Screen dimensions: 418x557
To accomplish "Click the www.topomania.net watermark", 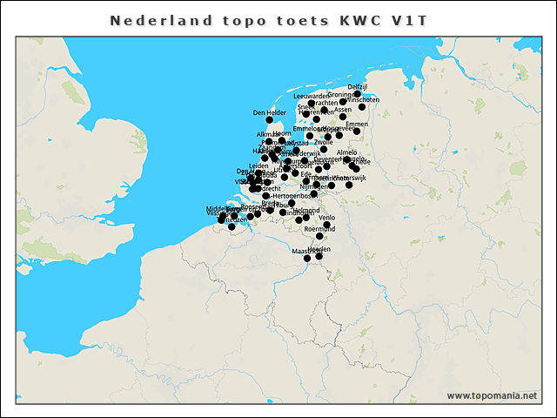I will [492, 395].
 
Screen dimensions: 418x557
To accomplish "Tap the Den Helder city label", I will [269, 112].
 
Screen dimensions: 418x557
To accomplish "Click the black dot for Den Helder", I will [270, 120].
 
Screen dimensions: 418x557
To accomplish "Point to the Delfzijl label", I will [358, 87].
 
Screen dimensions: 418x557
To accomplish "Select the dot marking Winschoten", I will [362, 107].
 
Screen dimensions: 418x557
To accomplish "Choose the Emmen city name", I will [357, 124].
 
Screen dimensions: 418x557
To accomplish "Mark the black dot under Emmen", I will [357, 131].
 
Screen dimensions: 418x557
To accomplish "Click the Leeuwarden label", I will [312, 96].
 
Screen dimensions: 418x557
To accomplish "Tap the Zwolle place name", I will [324, 142].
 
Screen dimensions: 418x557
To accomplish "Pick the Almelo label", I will [346, 152].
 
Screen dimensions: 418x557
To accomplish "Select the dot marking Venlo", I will [326, 225].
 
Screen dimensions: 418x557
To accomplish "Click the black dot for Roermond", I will [319, 236].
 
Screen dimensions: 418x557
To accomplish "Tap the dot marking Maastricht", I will [307, 259].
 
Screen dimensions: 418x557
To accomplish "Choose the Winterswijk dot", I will [349, 185].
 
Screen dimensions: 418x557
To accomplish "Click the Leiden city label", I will [258, 165].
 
